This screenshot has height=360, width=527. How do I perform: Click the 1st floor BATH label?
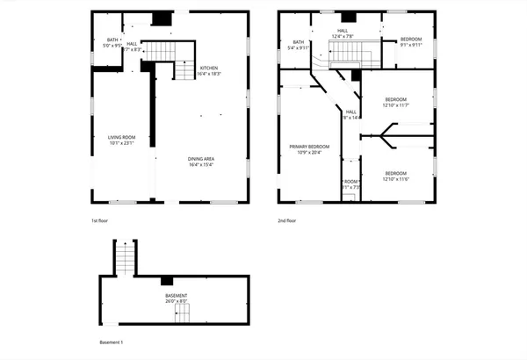click(112, 42)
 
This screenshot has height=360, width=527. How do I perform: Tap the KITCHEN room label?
click(209, 71)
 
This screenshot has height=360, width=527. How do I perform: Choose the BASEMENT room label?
click(177, 299)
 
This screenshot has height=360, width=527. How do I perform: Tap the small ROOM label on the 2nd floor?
click(350, 184)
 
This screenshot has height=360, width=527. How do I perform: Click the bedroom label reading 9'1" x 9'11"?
click(411, 42)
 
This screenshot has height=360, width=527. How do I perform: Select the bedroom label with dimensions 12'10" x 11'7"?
click(397, 103)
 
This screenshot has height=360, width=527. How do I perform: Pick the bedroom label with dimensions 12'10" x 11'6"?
click(397, 176)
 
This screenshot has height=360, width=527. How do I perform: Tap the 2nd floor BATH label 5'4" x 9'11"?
click(299, 45)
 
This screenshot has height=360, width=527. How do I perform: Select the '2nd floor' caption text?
click(286, 220)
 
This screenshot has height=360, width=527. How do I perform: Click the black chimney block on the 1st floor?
click(161, 18)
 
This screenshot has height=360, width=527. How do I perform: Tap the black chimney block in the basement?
click(167, 281)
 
